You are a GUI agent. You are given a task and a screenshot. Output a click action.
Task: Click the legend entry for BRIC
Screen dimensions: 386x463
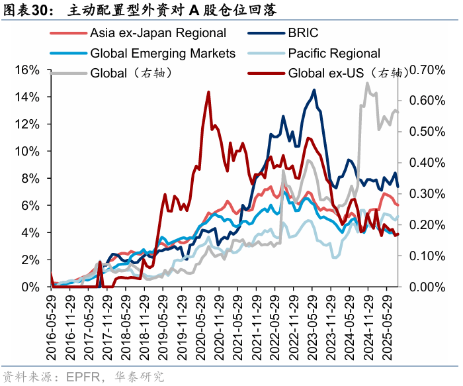(x=302, y=33)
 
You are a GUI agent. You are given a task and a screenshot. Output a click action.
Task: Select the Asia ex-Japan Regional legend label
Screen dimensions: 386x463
(x=157, y=33)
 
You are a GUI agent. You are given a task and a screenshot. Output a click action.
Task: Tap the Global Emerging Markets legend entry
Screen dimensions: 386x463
(x=162, y=53)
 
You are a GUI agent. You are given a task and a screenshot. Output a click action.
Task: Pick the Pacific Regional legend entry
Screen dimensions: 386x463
(x=334, y=53)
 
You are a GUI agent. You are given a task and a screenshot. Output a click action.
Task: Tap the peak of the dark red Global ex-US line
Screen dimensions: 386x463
(x=208, y=92)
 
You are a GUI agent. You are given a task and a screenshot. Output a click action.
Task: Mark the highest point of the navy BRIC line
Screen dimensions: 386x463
(x=314, y=90)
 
